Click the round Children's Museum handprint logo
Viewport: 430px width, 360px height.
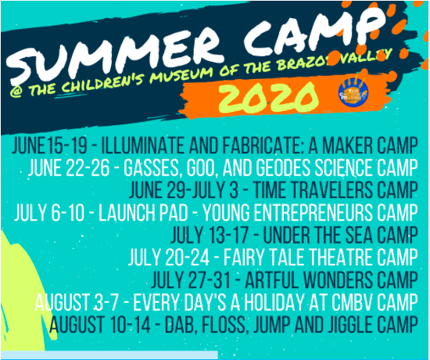(x=353, y=92)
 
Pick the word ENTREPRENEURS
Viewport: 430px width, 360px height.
(x=314, y=213)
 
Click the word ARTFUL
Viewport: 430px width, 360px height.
(x=272, y=279)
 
